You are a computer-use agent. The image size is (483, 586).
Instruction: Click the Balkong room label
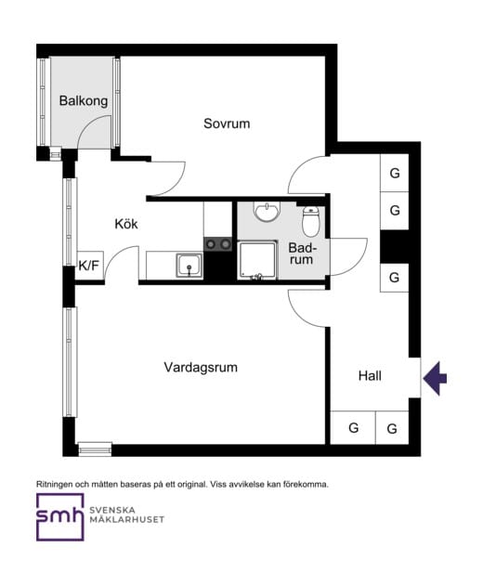pyautogui.click(x=84, y=100)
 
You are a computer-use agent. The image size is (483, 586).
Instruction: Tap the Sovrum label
pyautogui.click(x=227, y=124)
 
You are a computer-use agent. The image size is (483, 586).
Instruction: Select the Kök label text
pyautogui.click(x=126, y=224)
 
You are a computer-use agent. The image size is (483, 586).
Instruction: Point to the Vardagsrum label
pyautogui.click(x=201, y=367)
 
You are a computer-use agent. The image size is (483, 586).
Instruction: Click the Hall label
pyautogui.click(x=370, y=375)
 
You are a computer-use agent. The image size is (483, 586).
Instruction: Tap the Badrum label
pyautogui.click(x=302, y=254)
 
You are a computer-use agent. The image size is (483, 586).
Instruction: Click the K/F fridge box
pyautogui.click(x=89, y=266)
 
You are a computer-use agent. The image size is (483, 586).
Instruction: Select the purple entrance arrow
pyautogui.click(x=435, y=378)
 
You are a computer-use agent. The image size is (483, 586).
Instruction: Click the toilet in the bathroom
pyautogui.click(x=312, y=222)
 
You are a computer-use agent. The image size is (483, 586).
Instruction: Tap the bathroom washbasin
pyautogui.click(x=267, y=213)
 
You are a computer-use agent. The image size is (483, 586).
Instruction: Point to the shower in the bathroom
pyautogui.click(x=257, y=260)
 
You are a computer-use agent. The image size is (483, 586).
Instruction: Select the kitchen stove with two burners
pyautogui.click(x=218, y=244)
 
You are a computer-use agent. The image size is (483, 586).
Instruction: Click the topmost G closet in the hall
pyautogui.click(x=395, y=174)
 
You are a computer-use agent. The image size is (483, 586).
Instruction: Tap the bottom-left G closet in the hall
pyautogui.click(x=353, y=428)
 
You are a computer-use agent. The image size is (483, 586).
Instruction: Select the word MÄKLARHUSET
pyautogui.click(x=127, y=519)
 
